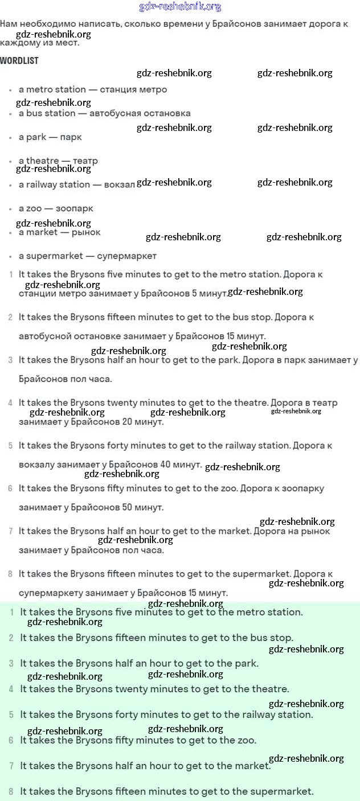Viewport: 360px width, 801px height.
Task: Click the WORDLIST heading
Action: pos(19,60)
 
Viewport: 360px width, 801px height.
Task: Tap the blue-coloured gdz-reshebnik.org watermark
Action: pos(180,7)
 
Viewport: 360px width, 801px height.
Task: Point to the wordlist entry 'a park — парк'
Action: pos(50,137)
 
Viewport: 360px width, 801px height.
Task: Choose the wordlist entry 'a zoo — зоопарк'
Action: pos(56,208)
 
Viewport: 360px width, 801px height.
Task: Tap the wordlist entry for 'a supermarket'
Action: pos(87,256)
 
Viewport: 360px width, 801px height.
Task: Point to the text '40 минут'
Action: pos(181,465)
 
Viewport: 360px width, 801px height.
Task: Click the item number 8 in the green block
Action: pos(11,791)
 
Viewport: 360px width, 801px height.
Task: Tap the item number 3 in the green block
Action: pos(11,663)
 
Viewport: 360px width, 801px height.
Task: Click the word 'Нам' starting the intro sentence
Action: pos(9,24)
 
